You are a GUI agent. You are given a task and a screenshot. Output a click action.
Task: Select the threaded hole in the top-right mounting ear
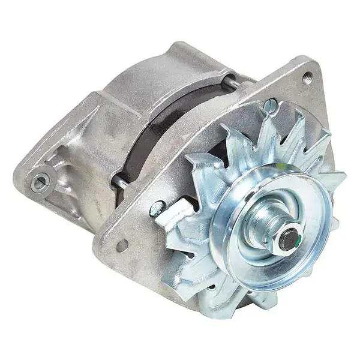pos(308,76)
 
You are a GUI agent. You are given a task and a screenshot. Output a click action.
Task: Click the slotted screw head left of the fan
pos(157,208)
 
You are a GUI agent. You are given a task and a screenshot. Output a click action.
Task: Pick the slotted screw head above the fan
pos(271,106)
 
